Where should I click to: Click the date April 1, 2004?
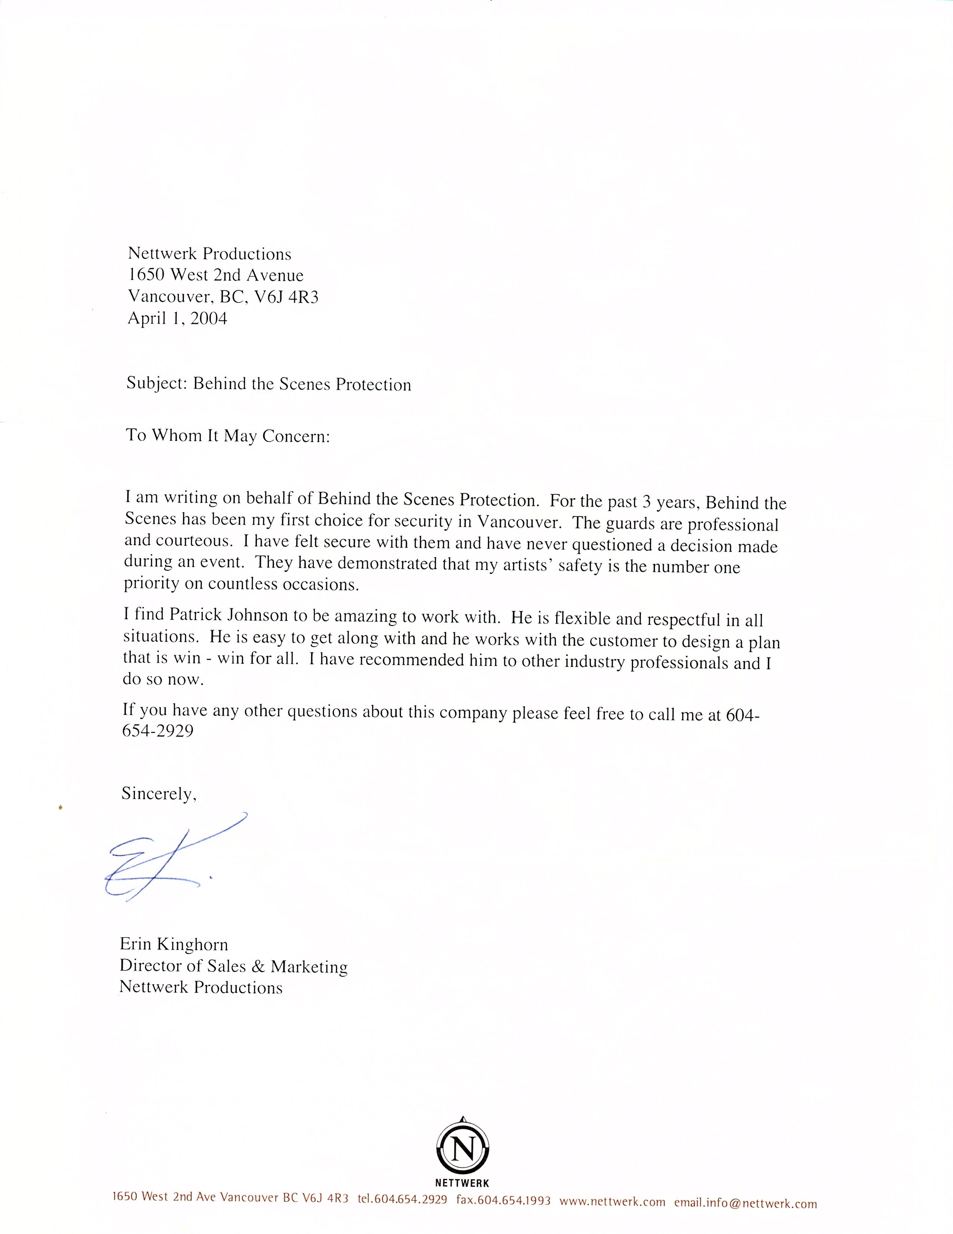[177, 319]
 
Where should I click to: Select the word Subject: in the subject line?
[156, 384]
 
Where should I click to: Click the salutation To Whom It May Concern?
[228, 436]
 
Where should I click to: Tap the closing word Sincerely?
[158, 794]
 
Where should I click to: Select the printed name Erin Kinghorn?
[174, 944]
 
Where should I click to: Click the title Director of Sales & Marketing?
[234, 966]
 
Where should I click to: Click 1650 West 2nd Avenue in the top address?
[216, 275]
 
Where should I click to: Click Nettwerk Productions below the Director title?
[201, 988]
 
